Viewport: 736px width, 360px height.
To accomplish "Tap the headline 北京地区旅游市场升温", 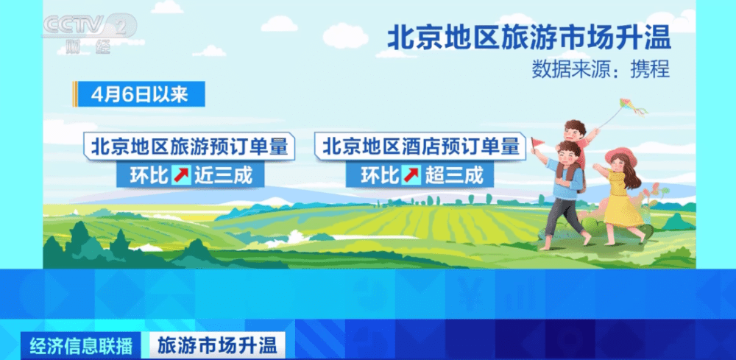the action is pos(529,38).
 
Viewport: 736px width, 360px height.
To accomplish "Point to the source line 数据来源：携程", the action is pos(601,70).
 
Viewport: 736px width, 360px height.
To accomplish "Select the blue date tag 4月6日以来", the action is pos(140,94).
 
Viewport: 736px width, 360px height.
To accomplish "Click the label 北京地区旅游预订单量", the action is pos(189,147).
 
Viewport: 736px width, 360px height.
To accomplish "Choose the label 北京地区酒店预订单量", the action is pos(420,147).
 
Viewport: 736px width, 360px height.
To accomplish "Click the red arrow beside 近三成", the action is pos(181,175).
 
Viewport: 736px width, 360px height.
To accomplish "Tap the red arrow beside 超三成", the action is pos(411,175).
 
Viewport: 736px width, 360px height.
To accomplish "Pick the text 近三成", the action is pos(224,175).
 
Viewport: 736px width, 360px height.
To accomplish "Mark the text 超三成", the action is pos(454,175).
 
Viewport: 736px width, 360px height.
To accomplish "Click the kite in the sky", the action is pos(632,107).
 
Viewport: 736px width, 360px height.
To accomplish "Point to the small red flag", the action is pos(537,142).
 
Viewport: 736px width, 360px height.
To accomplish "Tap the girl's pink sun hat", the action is pos(621,157).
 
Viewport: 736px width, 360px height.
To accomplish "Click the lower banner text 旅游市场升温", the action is pos(217,346).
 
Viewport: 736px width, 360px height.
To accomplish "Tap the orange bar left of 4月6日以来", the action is pos(75,94).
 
